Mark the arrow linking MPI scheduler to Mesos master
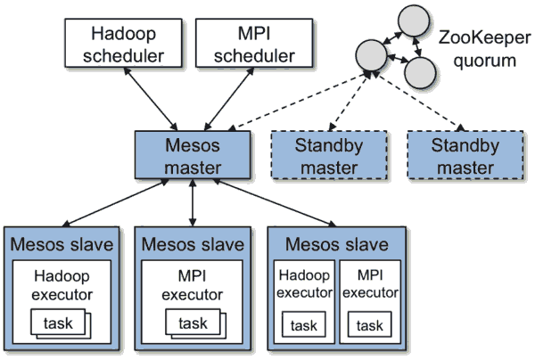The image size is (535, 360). [218, 102]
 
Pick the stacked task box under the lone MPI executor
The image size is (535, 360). [192, 323]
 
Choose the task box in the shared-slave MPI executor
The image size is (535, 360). [369, 325]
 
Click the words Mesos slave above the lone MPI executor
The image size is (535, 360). [193, 243]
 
